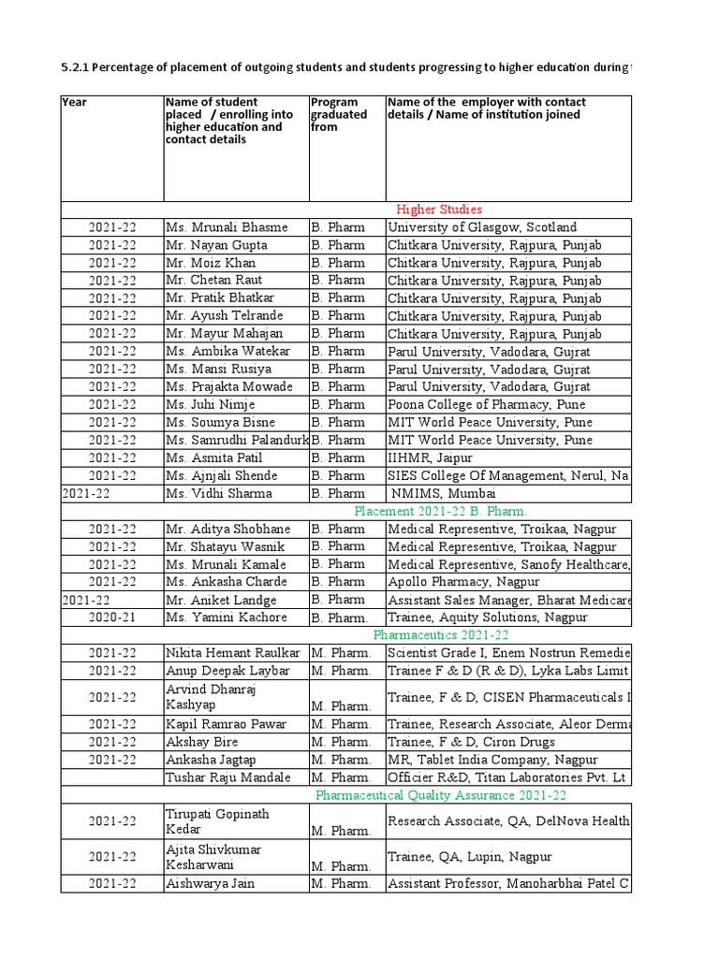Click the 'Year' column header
tap(74, 102)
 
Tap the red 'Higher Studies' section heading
tap(439, 210)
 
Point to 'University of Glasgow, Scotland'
tap(482, 227)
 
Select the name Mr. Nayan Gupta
tap(216, 245)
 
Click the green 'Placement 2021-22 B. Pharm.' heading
tap(440, 511)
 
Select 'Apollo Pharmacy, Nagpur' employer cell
tap(463, 582)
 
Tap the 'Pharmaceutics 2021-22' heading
tap(440, 635)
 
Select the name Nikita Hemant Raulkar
tap(232, 653)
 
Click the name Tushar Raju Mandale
tap(228, 777)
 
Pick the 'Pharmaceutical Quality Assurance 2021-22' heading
tap(440, 795)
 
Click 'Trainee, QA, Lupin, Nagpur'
tap(469, 856)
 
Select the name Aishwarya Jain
tap(210, 883)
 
